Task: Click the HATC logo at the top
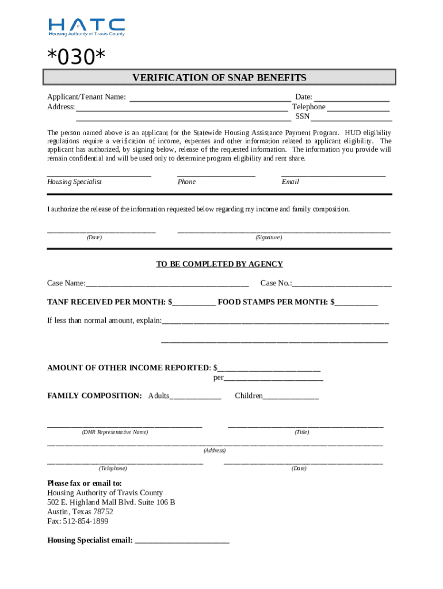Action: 86,26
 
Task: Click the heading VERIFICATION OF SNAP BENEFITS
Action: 219,78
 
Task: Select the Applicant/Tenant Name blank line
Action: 210,98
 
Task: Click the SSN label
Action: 302,117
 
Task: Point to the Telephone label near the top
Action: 309,107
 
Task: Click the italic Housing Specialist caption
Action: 74,182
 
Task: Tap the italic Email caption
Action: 290,182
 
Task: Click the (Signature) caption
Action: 269,238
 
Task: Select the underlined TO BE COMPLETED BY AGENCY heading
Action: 220,264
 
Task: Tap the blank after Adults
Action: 196,396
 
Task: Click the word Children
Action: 249,396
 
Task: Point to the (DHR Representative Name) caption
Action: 114,432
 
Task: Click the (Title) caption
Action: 301,432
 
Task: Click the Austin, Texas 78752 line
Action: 80,511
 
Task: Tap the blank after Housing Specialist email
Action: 182,541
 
